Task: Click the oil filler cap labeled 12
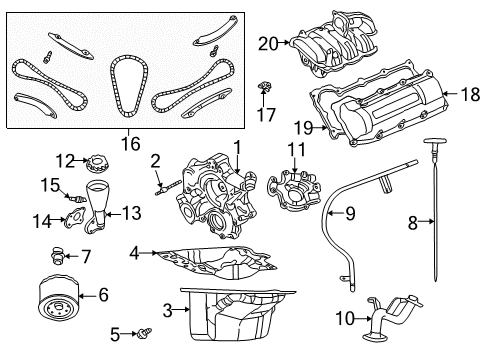[x=97, y=161]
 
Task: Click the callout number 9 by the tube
[x=349, y=212]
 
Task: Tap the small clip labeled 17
[x=265, y=88]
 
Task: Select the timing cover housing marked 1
[x=215, y=195]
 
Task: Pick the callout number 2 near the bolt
[x=155, y=160]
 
